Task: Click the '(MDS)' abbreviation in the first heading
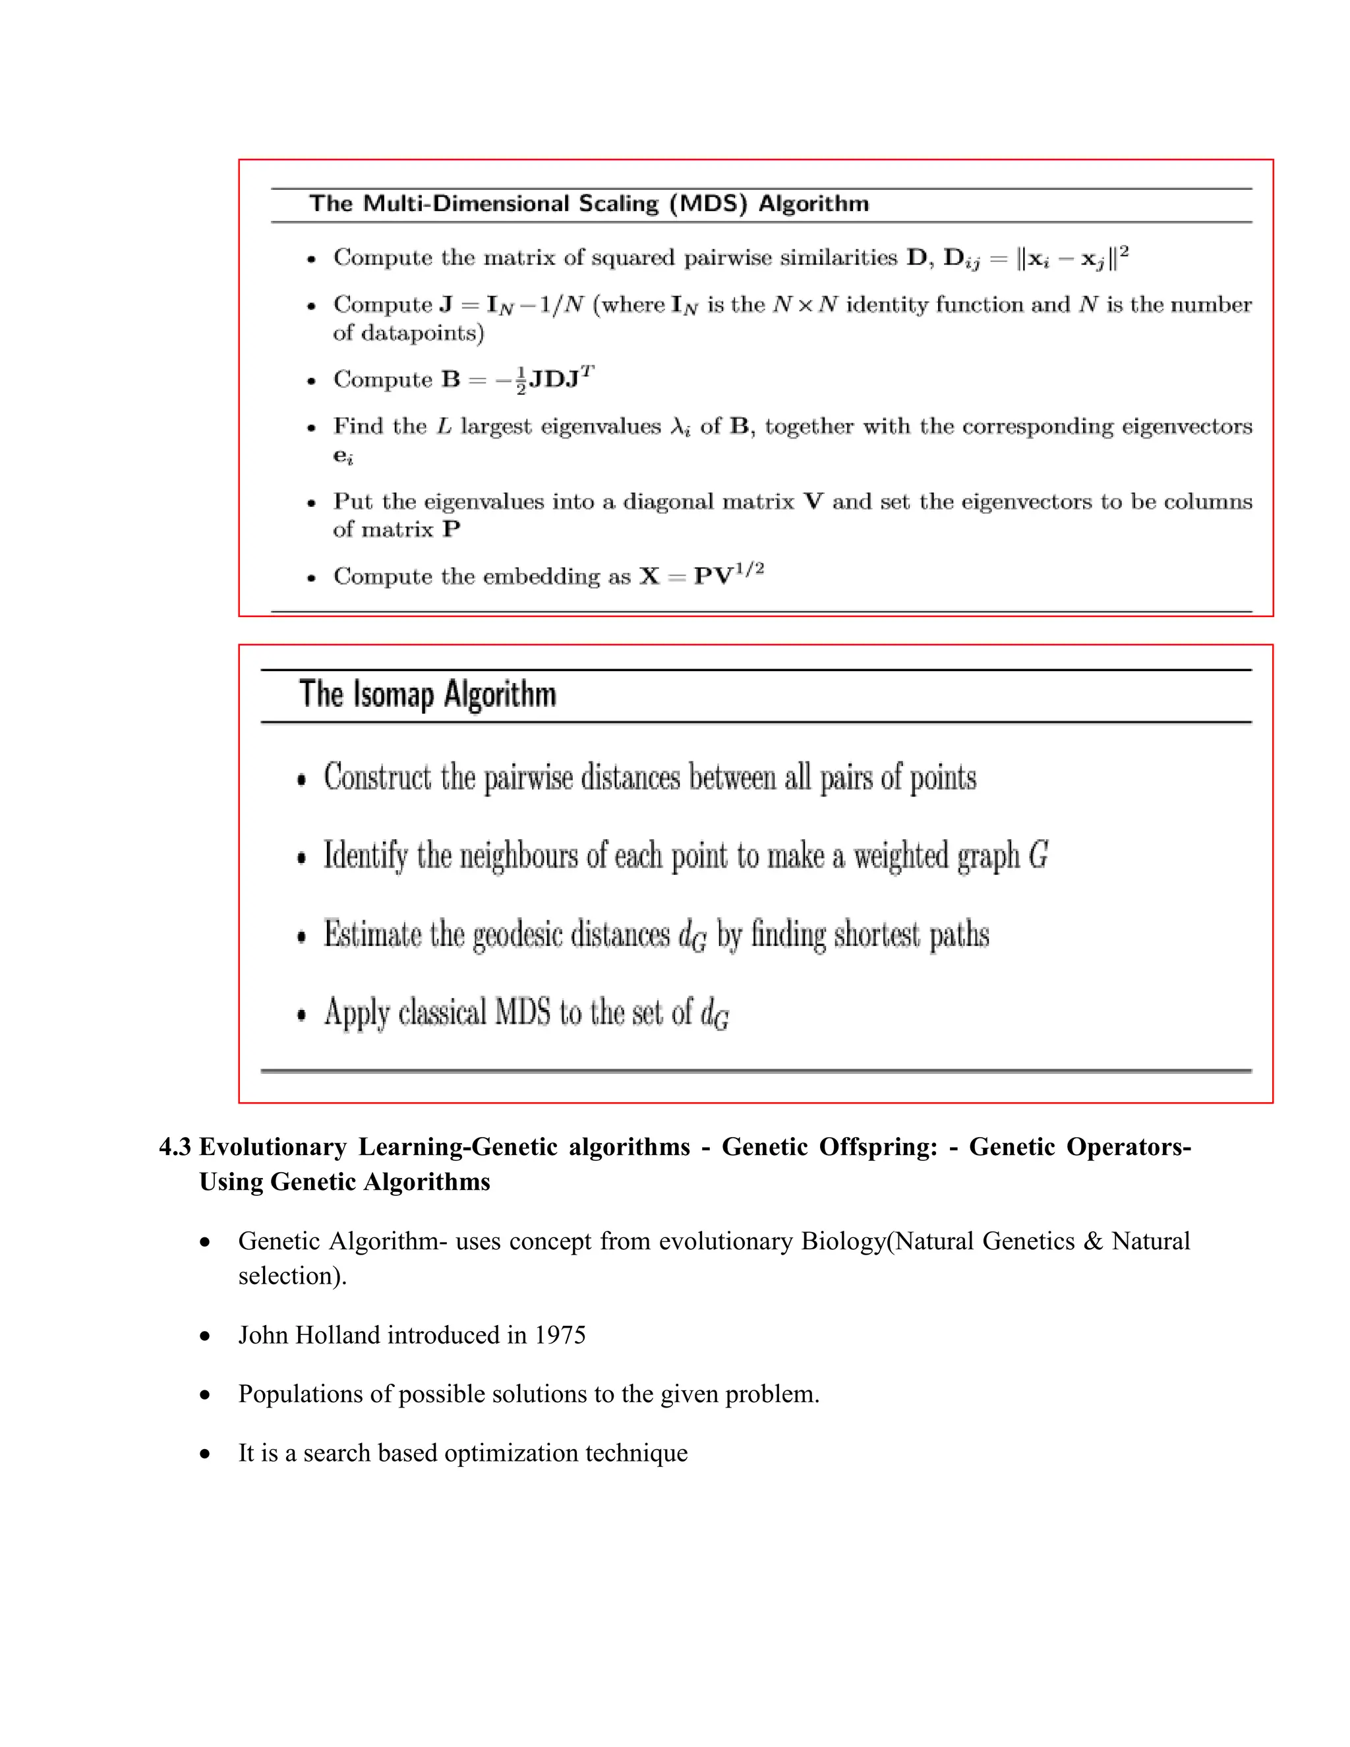(708, 203)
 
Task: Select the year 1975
(560, 1335)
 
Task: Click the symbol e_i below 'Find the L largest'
(343, 456)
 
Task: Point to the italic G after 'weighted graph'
(1038, 855)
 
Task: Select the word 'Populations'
(301, 1394)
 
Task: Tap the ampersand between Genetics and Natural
(1092, 1241)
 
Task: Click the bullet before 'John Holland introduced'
(206, 1336)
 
